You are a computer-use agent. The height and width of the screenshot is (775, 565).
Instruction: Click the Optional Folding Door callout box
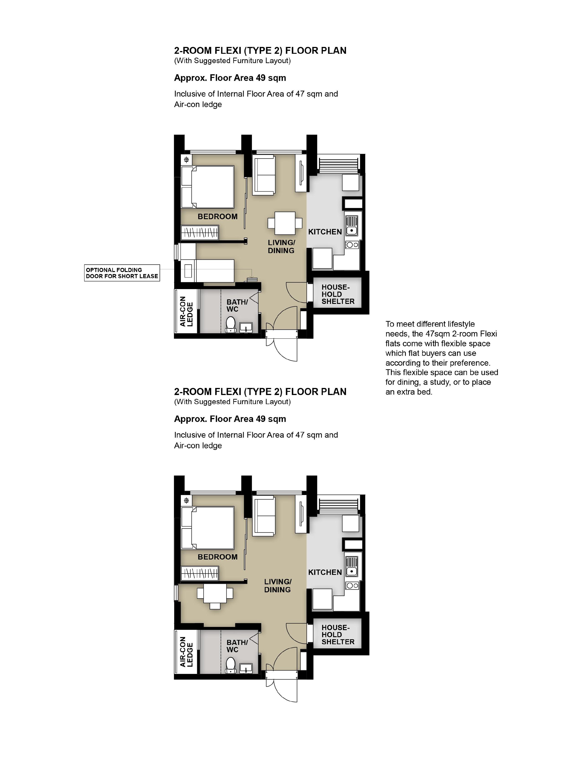point(122,273)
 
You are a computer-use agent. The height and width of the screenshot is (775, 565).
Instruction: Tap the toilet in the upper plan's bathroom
point(231,324)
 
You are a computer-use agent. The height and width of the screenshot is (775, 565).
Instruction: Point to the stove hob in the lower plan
point(352,586)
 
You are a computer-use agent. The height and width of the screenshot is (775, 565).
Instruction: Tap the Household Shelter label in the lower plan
point(338,634)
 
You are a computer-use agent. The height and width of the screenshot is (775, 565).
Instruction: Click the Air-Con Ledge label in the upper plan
point(186,311)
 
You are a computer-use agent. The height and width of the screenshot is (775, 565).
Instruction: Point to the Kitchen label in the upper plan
point(325,232)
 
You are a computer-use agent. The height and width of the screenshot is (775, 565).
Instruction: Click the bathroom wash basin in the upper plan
point(246,328)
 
